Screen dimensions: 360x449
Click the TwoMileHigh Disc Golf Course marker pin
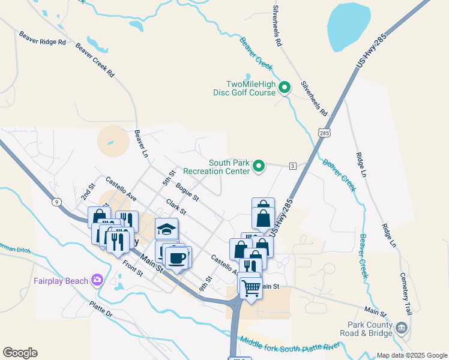pos(285,88)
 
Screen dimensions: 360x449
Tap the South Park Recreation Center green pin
pos(259,166)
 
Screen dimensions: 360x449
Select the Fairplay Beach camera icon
pos(97,280)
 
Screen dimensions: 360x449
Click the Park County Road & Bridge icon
pos(402,328)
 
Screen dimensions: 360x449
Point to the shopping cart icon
pos(251,287)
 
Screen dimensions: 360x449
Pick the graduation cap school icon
pos(166,230)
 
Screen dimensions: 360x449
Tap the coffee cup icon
pos(177,258)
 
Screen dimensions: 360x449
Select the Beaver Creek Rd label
pos(95,60)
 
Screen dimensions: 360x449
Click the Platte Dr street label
pos(101,310)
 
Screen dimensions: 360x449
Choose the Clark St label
pos(176,207)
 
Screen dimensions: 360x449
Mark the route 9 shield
pos(56,202)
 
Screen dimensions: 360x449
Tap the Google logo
pos(20,353)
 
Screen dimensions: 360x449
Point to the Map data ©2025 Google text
pos(411,355)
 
